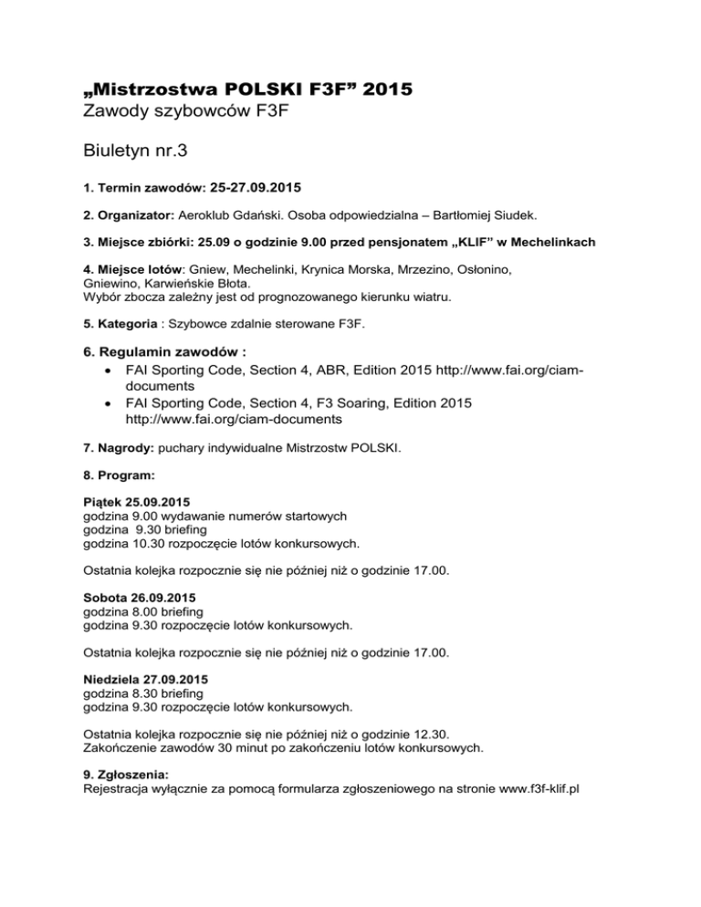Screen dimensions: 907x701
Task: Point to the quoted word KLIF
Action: point(467,242)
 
